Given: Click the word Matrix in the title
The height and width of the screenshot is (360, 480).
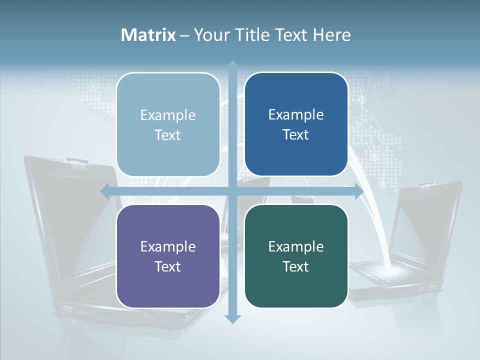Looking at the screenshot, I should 148,35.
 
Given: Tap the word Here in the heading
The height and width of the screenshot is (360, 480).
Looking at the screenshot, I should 332,35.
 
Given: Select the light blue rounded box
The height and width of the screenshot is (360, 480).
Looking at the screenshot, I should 168,124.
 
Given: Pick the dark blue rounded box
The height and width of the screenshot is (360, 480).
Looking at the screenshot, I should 296,124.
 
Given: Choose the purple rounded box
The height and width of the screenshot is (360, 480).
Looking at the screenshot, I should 168,256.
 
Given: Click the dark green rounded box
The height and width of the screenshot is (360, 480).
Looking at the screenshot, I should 296,256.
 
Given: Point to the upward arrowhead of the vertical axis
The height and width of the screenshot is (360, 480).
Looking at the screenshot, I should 232,65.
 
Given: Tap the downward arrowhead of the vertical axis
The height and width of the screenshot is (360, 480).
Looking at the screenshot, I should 232,318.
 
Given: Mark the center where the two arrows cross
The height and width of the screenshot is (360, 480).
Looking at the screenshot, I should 232,191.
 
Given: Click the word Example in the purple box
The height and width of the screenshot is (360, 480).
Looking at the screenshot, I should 168,246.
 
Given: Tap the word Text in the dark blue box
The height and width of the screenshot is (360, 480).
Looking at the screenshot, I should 296,134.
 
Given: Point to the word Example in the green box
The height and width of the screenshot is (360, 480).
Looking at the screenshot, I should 296,246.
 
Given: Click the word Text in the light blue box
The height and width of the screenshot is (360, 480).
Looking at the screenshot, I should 168,135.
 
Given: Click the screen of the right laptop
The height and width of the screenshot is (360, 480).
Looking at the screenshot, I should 425,225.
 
